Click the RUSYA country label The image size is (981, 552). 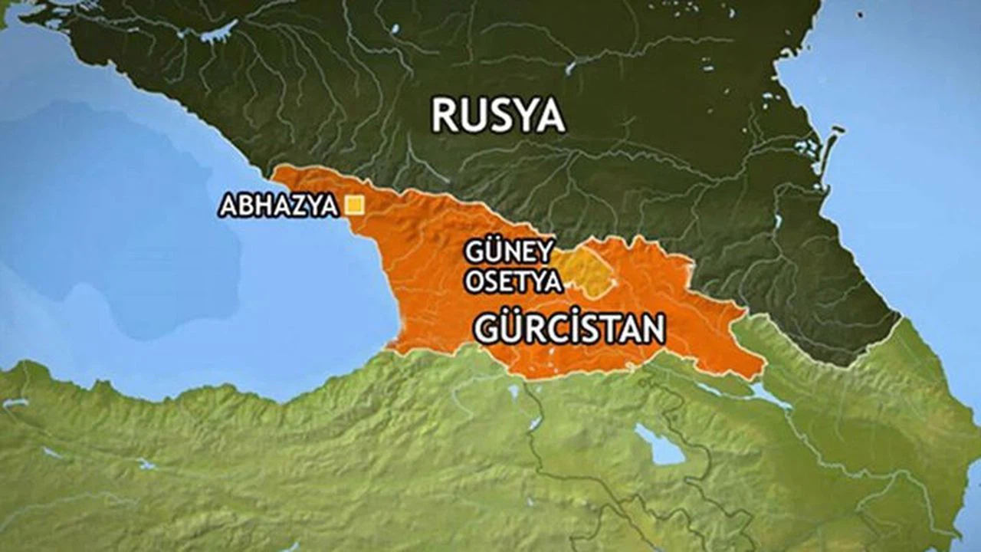tap(498, 116)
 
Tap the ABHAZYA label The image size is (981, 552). tap(278, 205)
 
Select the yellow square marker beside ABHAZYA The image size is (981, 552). tap(354, 205)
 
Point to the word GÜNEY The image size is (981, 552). tap(509, 252)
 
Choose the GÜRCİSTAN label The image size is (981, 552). tap(569, 329)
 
